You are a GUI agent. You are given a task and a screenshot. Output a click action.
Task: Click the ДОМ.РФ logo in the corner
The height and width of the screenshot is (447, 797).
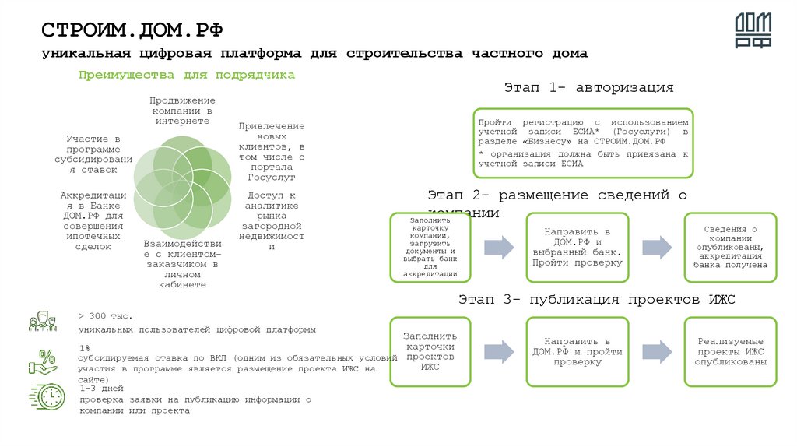click(753, 32)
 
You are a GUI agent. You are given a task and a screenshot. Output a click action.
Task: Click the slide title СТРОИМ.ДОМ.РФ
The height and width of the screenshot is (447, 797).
click(132, 30)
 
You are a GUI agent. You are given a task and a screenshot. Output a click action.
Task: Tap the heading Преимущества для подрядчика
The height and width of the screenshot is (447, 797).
click(186, 75)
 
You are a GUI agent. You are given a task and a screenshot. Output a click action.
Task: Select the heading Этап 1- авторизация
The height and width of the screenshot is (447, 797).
click(588, 87)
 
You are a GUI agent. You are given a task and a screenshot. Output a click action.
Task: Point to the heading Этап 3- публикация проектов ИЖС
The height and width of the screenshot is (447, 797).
click(596, 299)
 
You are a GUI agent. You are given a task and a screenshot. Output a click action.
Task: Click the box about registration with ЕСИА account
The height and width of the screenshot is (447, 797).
click(583, 143)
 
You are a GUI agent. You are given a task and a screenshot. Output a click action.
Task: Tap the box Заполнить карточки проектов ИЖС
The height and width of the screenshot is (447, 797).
click(430, 351)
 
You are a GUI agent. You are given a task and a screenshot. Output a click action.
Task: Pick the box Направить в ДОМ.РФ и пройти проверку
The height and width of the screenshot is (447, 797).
click(577, 351)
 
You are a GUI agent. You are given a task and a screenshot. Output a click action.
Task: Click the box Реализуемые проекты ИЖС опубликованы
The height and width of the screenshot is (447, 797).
click(730, 351)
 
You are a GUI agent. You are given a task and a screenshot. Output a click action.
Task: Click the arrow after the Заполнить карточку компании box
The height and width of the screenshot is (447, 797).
click(499, 247)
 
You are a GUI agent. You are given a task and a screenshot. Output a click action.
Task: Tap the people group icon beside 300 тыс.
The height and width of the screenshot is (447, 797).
click(43, 321)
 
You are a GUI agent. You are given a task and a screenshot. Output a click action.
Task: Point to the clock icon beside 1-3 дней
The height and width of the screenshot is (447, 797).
click(47, 396)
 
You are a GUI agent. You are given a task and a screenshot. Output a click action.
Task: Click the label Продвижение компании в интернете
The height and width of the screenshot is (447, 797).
click(182, 111)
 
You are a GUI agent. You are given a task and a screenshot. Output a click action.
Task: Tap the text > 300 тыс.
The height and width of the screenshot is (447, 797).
click(106, 315)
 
